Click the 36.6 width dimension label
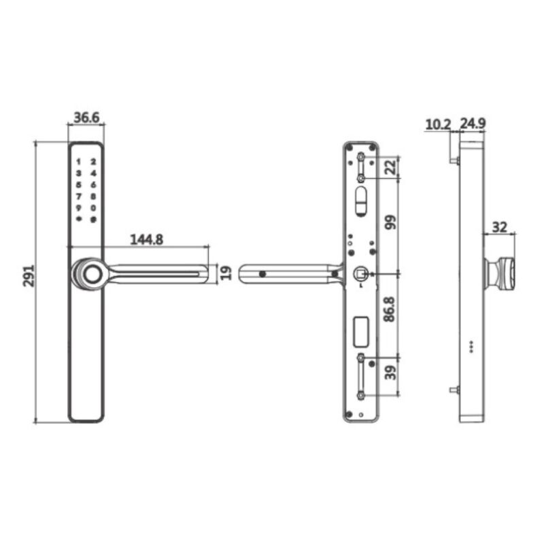(86, 117)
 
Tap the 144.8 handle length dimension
(145, 239)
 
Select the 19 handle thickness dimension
(226, 273)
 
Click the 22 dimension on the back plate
(390, 167)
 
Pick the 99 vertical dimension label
(390, 224)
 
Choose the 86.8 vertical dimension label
(390, 309)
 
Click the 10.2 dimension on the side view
(437, 124)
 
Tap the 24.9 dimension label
(472, 124)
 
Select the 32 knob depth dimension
(500, 227)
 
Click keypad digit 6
(94, 185)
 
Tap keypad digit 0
(94, 207)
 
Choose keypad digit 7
(79, 197)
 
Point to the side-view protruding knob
(502, 273)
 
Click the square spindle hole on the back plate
(359, 274)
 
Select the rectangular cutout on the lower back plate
(360, 330)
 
